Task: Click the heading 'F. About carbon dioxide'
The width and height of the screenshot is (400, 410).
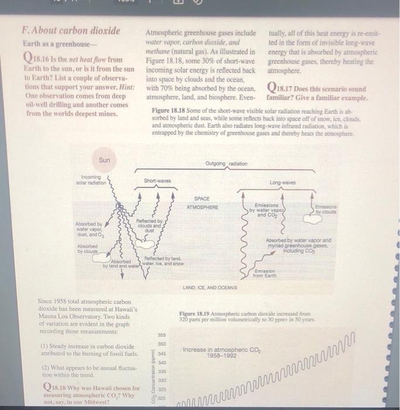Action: tap(70, 30)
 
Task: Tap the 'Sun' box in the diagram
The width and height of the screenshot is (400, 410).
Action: tap(104, 159)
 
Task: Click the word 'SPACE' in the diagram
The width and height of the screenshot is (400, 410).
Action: tap(202, 199)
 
